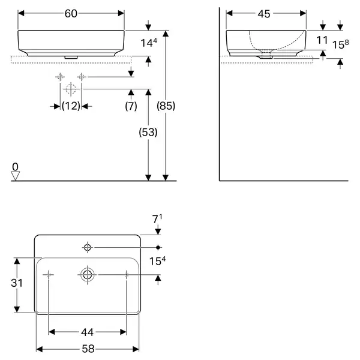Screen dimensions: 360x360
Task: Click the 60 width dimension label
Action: (x=71, y=14)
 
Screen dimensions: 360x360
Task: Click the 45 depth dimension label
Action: (x=264, y=14)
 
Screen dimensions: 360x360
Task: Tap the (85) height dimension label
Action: (x=166, y=106)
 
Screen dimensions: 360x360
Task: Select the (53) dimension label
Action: (x=148, y=132)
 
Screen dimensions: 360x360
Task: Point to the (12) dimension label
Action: (x=71, y=106)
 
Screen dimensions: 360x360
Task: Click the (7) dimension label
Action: (x=131, y=106)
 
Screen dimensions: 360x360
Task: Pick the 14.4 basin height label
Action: (x=149, y=43)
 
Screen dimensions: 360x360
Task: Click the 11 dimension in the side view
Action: (x=322, y=40)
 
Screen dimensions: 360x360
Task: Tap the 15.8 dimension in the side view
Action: (x=341, y=44)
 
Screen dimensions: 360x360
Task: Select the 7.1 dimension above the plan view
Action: (x=157, y=219)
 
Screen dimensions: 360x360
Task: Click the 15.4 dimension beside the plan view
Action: (x=157, y=261)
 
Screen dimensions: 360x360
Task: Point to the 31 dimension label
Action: (x=17, y=283)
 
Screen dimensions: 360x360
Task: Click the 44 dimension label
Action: (x=87, y=332)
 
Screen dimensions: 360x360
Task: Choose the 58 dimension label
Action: (x=88, y=349)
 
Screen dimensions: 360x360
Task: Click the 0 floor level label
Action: (x=15, y=167)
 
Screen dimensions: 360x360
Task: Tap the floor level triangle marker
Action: (x=16, y=176)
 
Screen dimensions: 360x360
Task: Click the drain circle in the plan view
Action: (x=87, y=275)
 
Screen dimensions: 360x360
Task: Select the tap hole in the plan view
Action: (x=87, y=247)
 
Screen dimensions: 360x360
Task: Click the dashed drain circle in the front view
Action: (x=71, y=89)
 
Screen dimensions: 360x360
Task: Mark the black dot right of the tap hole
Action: (x=158, y=247)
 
